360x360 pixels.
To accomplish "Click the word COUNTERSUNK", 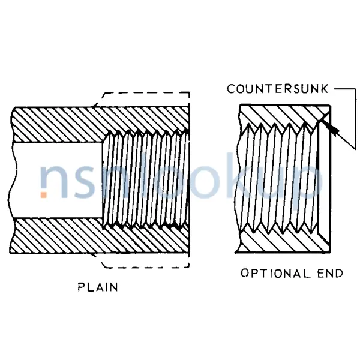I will [277, 89].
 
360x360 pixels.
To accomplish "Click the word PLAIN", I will [98, 287].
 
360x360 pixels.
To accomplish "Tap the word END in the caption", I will [329, 274].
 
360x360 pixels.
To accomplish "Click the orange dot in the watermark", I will [44, 194].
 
